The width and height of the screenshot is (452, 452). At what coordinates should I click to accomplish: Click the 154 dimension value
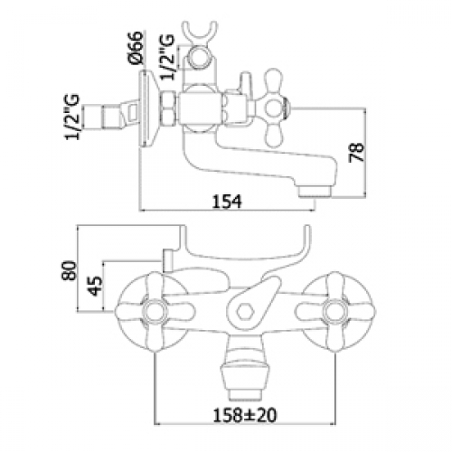tap(227, 202)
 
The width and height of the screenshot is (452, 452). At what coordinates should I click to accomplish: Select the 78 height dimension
tap(356, 153)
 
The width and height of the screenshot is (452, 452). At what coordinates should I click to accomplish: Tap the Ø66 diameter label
tap(135, 47)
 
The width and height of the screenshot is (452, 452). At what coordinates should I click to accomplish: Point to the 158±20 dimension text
tap(245, 416)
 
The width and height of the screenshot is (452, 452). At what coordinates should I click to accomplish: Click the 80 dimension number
tap(69, 270)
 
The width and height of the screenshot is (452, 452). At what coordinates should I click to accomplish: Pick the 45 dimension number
tap(96, 286)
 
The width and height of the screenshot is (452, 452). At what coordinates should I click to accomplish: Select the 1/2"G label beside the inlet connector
tap(72, 117)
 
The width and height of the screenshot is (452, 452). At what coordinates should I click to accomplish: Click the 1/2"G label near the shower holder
tap(167, 57)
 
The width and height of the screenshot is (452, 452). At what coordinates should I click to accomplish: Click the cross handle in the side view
tap(274, 108)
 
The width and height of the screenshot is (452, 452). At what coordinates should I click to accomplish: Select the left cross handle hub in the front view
tap(154, 312)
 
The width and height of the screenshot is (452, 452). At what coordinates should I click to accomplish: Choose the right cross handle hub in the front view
tap(334, 312)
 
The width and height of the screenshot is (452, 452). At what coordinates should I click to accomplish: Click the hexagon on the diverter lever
tap(243, 312)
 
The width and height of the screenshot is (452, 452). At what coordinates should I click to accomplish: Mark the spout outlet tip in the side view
tap(315, 193)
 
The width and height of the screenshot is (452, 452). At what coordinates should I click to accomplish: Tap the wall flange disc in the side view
tap(147, 108)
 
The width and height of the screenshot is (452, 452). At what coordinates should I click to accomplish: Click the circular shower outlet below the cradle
tap(198, 57)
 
